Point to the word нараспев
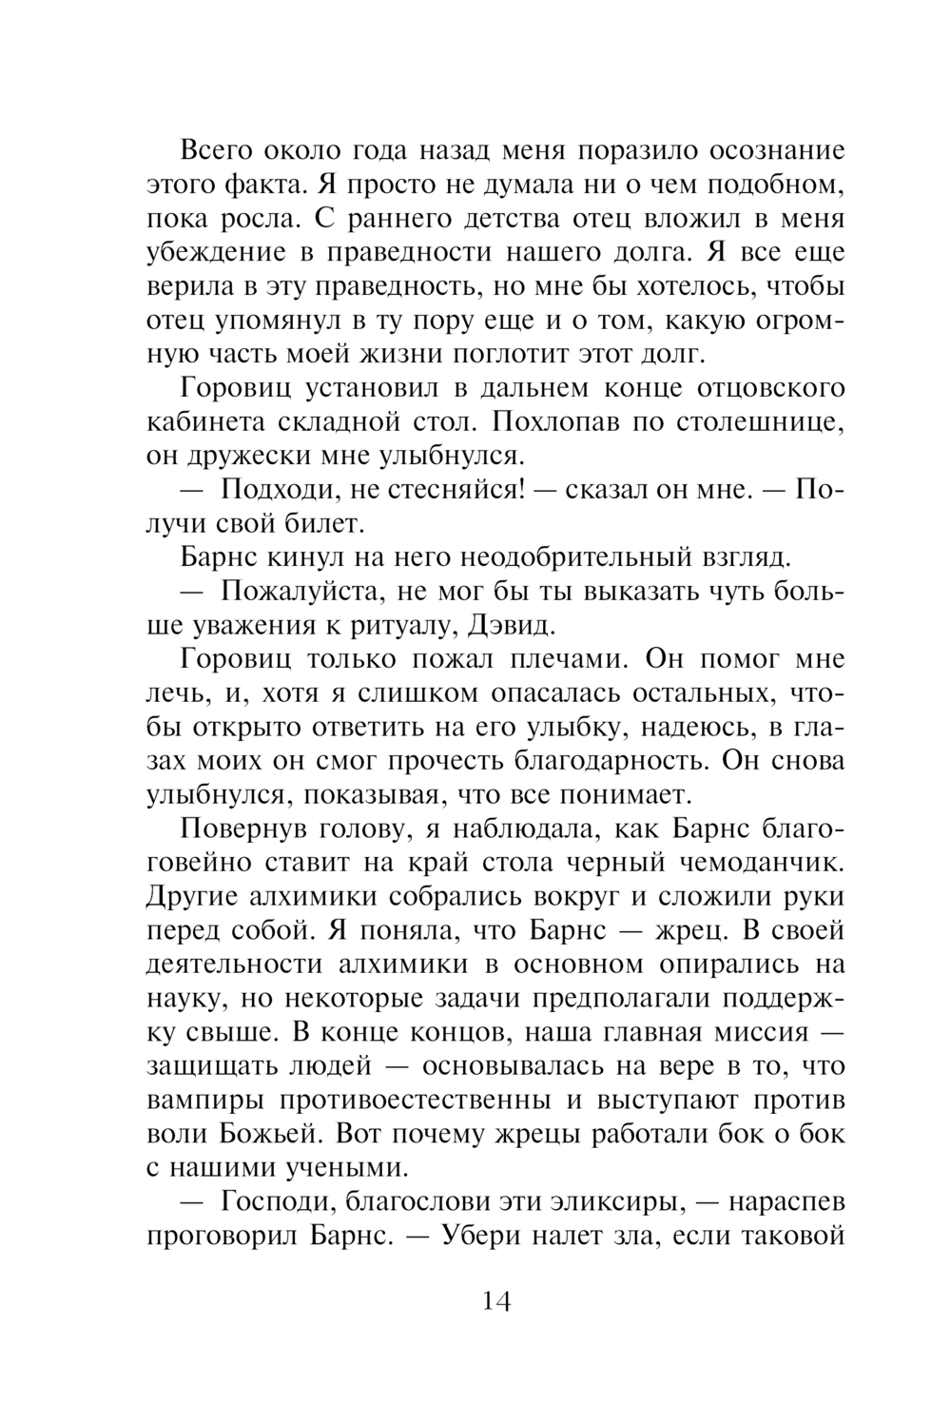[x=786, y=1202]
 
